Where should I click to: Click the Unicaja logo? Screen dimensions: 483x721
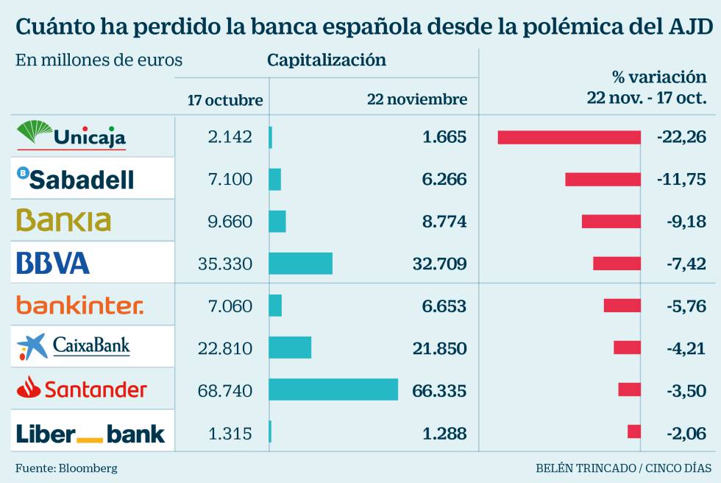[x=71, y=135]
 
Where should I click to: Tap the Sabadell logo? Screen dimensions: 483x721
[x=76, y=177]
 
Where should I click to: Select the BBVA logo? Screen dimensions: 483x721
[x=53, y=263]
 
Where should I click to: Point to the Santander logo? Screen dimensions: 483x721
[x=82, y=388]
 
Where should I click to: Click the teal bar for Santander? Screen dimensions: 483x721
[x=333, y=389]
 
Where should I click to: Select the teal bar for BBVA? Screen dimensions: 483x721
[x=300, y=263]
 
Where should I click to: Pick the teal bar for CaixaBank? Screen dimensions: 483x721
[x=290, y=348]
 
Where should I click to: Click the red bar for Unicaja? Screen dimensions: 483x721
[x=569, y=137]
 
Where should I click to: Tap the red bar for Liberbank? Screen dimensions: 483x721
[x=634, y=432]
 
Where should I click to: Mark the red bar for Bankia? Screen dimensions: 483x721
[x=611, y=221]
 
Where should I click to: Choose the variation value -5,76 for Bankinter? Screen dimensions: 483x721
[x=685, y=306]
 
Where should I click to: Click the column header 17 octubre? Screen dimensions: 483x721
[x=225, y=99]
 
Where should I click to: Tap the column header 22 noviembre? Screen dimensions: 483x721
[x=417, y=99]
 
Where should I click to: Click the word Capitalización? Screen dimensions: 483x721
[x=327, y=60]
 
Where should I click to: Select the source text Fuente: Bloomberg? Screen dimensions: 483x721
[x=66, y=468]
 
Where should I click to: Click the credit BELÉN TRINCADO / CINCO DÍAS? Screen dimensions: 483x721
[x=623, y=468]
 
